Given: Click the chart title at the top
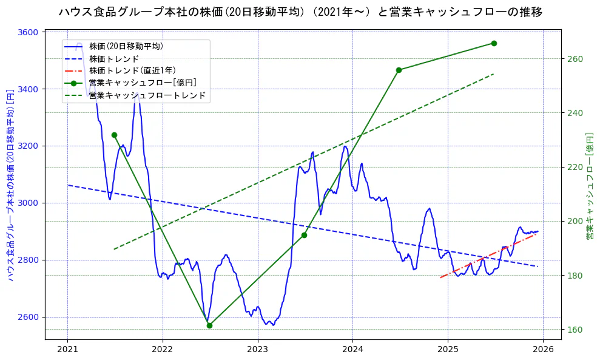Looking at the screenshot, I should [300, 12].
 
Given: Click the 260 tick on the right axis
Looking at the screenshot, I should [575, 59].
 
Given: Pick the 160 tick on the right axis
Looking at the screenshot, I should [575, 330].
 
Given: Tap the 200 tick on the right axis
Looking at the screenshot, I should [575, 221].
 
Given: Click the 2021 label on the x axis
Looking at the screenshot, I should [67, 349].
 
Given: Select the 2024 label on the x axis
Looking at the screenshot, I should [352, 349].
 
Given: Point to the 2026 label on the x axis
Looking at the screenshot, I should [543, 349].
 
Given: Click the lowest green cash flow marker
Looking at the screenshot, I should [209, 325].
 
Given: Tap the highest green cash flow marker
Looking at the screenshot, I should [494, 43].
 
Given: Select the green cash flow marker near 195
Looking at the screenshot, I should [304, 235].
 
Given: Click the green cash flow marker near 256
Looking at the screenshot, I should [399, 70].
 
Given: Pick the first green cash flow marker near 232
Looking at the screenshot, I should [114, 135].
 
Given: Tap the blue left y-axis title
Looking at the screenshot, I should [10, 185].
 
